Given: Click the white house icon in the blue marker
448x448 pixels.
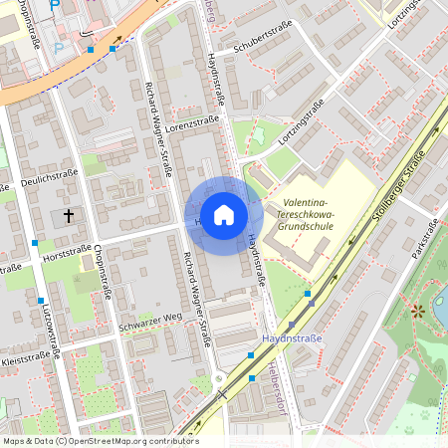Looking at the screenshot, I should click(223, 215).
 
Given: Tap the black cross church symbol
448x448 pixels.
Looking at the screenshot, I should click(69, 214).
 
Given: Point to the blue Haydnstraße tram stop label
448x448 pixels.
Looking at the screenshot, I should click(292, 338).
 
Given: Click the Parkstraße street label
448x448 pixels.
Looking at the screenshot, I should click(426, 243).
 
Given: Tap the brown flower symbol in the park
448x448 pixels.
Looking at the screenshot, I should click(417, 311).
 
